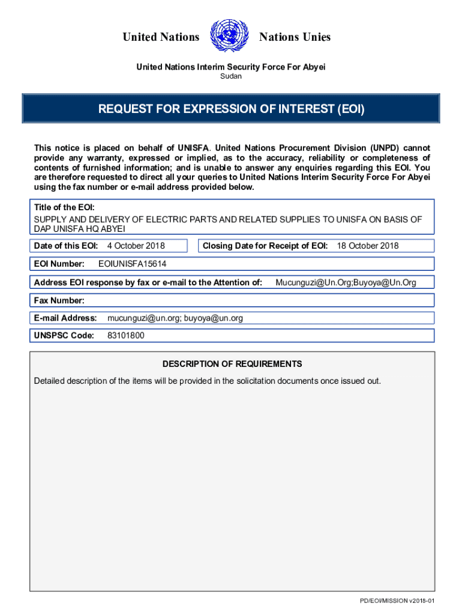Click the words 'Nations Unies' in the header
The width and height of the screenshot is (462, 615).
[x=295, y=37]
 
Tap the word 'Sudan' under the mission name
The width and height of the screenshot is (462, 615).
[x=231, y=76]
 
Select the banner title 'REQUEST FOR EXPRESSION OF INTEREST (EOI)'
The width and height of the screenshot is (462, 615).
[x=232, y=109]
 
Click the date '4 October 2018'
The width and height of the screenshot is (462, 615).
[x=136, y=246]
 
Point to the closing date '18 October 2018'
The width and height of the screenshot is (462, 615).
[x=368, y=246]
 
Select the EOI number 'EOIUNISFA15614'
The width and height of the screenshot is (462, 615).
[x=132, y=264]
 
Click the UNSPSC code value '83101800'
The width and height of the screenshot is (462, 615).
[x=125, y=336]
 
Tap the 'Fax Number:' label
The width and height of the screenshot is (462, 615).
[x=59, y=300]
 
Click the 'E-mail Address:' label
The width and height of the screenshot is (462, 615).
[x=65, y=318]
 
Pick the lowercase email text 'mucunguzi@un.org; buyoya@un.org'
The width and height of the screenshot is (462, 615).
[x=175, y=318]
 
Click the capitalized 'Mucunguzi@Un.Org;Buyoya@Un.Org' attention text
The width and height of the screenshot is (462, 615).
[x=346, y=282]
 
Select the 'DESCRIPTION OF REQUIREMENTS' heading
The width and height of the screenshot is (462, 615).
[x=232, y=364]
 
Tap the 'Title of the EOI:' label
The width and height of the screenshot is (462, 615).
[x=64, y=208]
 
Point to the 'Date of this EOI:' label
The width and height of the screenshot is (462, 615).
[x=66, y=246]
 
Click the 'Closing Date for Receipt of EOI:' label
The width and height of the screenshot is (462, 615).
[x=265, y=246]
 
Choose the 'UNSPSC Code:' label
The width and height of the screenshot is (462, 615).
[x=64, y=336]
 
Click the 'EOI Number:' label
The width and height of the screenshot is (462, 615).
[x=59, y=264]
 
